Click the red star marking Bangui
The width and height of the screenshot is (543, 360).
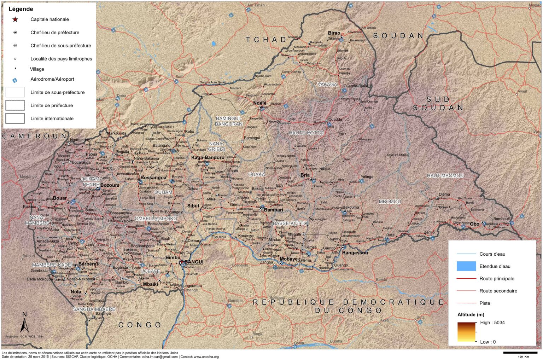[181, 262]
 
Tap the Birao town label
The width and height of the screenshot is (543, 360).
[334, 33]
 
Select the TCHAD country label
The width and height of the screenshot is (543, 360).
[266, 40]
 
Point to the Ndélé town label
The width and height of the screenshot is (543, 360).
[260, 103]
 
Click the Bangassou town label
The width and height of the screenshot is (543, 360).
[355, 252]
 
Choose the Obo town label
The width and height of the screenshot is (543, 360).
[474, 224]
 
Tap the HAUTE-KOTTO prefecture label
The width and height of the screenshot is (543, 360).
[306, 133]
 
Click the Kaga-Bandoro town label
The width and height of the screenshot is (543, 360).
[208, 157]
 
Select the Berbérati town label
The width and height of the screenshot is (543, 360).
[89, 264]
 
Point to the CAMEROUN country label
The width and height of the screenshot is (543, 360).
[35, 136]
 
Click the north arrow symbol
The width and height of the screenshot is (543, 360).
[24, 322]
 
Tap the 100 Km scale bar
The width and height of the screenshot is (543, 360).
[520, 353]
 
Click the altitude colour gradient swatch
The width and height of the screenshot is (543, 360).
[466, 332]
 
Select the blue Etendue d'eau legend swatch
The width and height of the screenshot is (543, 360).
[466, 266]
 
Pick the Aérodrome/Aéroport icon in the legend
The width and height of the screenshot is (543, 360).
[15, 80]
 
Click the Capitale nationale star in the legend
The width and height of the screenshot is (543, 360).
[15, 19]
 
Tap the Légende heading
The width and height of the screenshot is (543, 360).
[21, 9]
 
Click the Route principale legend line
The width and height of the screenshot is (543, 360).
[466, 279]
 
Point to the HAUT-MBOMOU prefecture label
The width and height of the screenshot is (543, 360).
[445, 176]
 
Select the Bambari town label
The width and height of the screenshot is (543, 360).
[273, 210]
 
